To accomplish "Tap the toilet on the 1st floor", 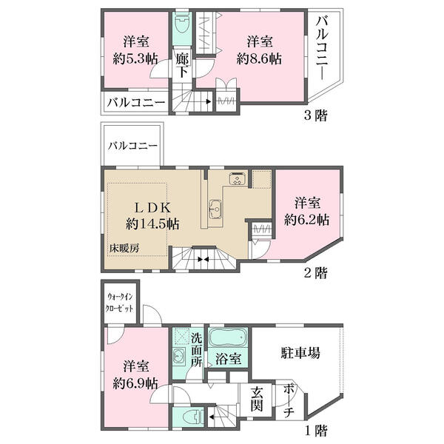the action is [x=192, y=417].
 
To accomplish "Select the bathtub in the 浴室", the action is [x=228, y=337].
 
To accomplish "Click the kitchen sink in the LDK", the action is [x=215, y=209].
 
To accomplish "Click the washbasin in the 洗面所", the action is [x=179, y=355].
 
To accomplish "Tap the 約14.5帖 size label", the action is [x=152, y=224].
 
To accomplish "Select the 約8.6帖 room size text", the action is [x=259, y=59].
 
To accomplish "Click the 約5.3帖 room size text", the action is [x=135, y=59].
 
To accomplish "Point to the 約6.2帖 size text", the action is [x=306, y=219].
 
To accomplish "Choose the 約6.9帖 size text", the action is [x=135, y=383].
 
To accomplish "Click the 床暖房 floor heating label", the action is [x=124, y=249].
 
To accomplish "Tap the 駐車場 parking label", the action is [x=300, y=353].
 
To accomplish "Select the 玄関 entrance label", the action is [x=257, y=399].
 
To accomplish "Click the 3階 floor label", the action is [x=316, y=115].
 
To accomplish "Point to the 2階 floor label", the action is [x=316, y=273].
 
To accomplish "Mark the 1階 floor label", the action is [x=316, y=431].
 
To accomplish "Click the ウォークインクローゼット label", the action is [x=119, y=303].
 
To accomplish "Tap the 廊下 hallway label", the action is [x=182, y=66].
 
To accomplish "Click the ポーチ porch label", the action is [x=289, y=400].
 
